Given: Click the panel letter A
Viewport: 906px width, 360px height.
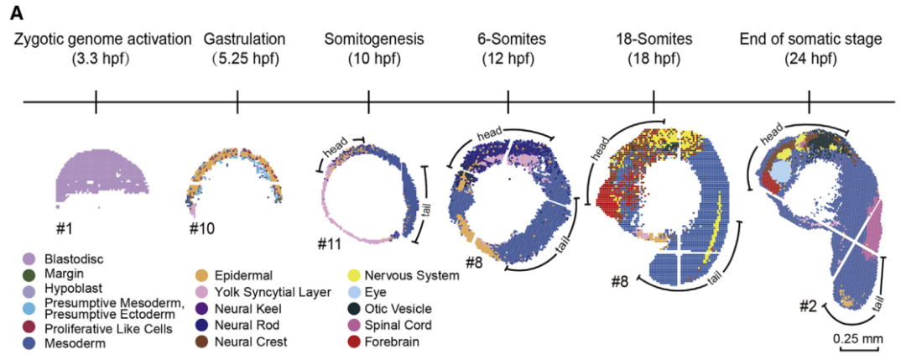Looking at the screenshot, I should point(17,12).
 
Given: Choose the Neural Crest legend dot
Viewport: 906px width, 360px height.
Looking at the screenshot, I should point(202,342).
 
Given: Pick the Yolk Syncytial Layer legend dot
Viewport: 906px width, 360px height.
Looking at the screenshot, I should point(202,291).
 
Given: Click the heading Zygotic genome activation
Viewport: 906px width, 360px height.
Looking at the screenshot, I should point(96,39).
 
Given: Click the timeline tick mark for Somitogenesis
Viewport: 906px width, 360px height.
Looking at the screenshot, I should point(369,102).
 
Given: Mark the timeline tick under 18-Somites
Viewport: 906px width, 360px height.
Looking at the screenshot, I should point(653,102).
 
